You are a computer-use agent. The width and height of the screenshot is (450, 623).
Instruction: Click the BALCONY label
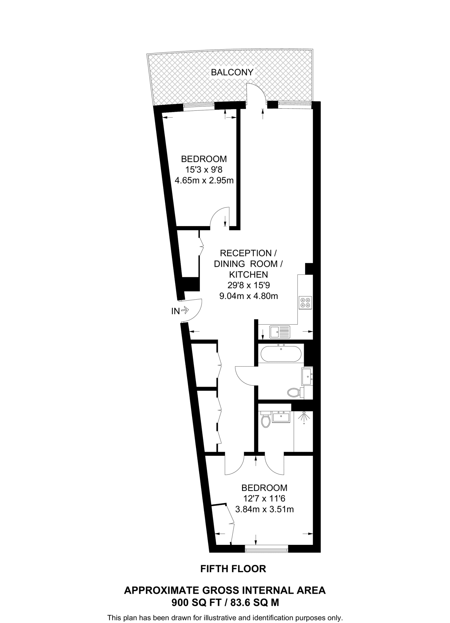pyautogui.click(x=232, y=72)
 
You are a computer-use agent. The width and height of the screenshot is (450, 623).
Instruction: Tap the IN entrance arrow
pyautogui.click(x=184, y=311)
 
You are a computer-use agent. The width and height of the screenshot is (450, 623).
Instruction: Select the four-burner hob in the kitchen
pyautogui.click(x=305, y=302)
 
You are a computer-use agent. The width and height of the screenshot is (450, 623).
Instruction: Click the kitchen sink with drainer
pyautogui.click(x=280, y=332)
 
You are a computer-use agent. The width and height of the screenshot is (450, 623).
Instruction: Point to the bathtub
pyautogui.click(x=281, y=353)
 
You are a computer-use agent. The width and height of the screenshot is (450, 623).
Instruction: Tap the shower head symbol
pyautogui.click(x=304, y=417)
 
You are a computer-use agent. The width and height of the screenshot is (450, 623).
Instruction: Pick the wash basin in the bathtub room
pyautogui.click(x=307, y=377)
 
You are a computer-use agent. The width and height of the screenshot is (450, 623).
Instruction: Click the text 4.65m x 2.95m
pyautogui.click(x=204, y=181)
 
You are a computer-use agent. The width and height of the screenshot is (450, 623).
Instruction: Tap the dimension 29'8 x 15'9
pyautogui.click(x=249, y=285)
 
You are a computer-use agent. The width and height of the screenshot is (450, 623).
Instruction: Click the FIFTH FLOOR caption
pyautogui.click(x=233, y=569)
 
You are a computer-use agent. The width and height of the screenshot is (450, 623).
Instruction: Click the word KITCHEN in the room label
pyautogui.click(x=248, y=274)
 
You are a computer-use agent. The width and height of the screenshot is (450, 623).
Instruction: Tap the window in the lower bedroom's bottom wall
pyautogui.click(x=266, y=550)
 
